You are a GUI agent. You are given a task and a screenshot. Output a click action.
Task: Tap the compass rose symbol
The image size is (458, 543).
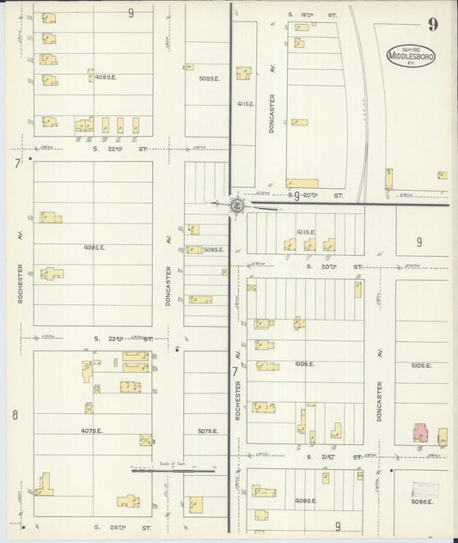(237, 205)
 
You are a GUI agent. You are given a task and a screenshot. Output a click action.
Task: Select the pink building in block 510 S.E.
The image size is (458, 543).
(421, 433)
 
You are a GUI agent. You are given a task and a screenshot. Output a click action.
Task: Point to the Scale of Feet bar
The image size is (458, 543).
(172, 469)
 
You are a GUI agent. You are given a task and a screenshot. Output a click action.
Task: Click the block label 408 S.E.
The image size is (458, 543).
(95, 247)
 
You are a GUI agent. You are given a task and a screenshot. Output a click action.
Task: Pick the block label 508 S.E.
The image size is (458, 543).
(214, 250)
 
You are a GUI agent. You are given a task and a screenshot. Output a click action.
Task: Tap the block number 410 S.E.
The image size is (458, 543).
(304, 363)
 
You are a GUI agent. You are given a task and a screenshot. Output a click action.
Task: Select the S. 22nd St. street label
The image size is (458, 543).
(119, 149)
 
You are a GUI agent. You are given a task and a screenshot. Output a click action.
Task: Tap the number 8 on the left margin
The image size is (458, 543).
(15, 415)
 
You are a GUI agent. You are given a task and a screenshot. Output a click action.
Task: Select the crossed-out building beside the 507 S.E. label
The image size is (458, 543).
(146, 439)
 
